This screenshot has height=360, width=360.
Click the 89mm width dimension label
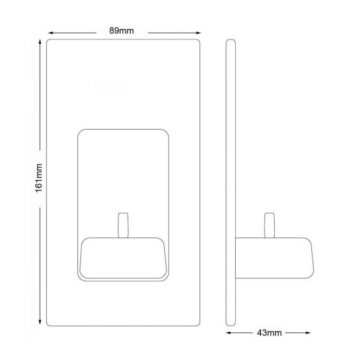coord(122,31)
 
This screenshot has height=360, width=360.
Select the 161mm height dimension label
coord(39,178)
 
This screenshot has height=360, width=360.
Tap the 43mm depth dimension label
coord(269,333)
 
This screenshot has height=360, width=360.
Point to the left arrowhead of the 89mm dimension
coord(51,33)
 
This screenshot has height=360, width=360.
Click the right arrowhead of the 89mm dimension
coord(198,33)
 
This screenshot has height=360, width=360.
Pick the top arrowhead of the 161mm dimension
coord(40,42)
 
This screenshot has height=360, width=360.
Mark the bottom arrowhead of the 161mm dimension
coord(40,322)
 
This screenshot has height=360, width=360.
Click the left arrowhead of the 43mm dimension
coord(229,333)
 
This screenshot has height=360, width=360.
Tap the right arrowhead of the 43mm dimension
coord(308,333)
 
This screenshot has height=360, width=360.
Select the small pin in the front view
coord(123,225)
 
